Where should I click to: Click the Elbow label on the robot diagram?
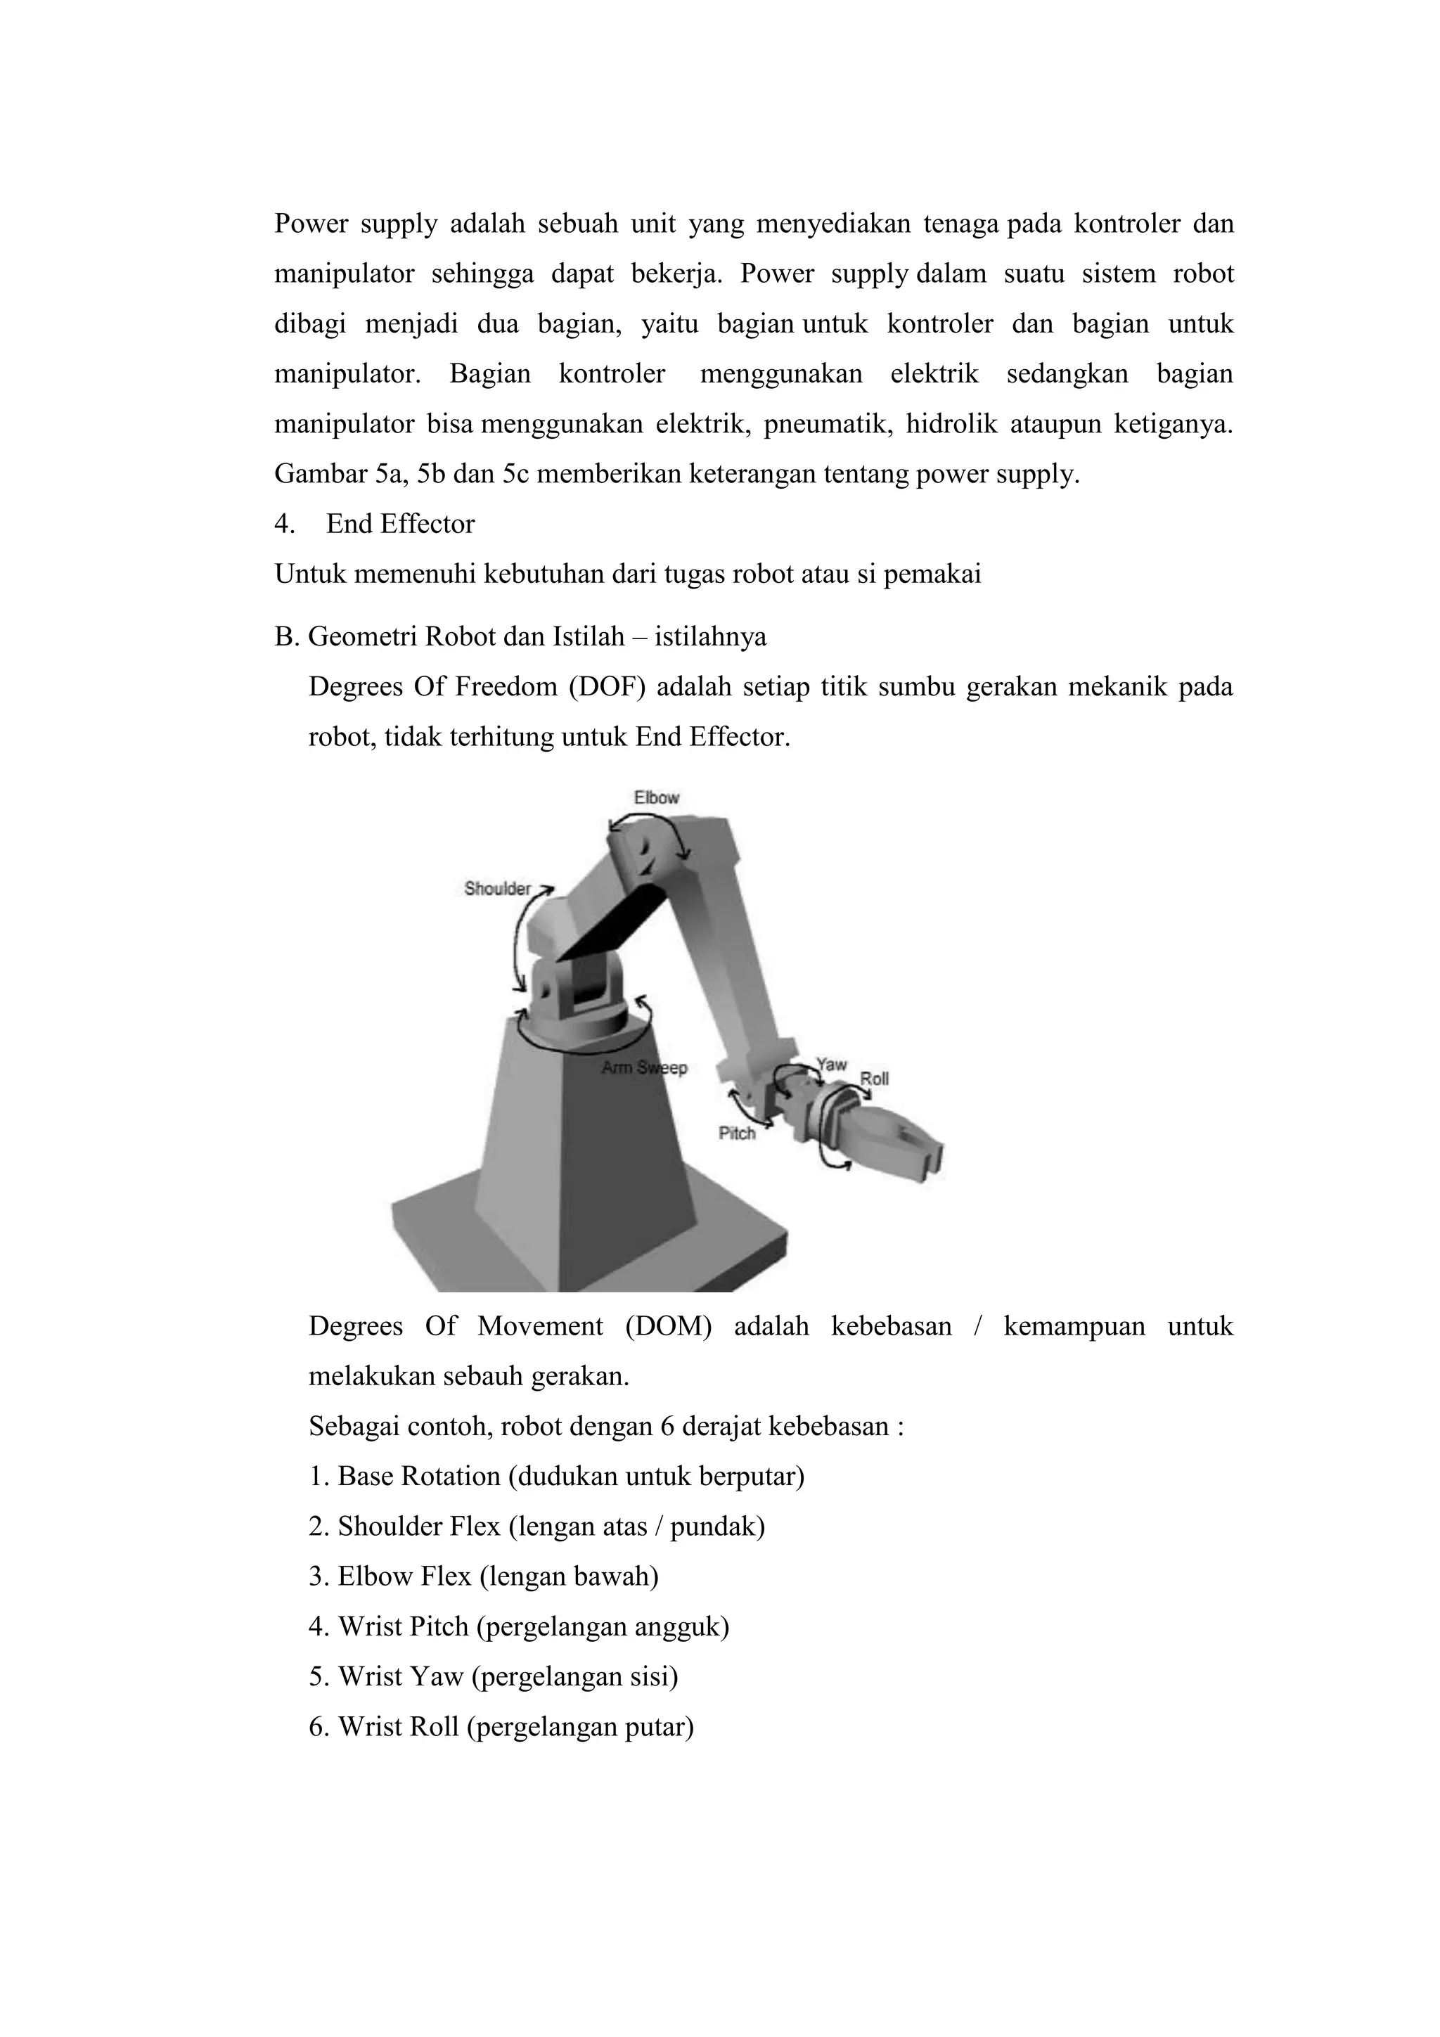pos(656,797)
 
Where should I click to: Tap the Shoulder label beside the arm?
pos(497,888)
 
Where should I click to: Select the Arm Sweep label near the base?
pos(644,1067)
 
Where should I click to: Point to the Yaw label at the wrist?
pos(831,1064)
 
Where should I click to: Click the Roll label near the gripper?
pos(874,1079)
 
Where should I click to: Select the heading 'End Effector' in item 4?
pos(400,525)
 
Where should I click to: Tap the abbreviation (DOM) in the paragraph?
pos(668,1326)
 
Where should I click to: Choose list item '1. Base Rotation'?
pos(555,1477)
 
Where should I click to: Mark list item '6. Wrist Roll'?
pos(501,1726)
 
